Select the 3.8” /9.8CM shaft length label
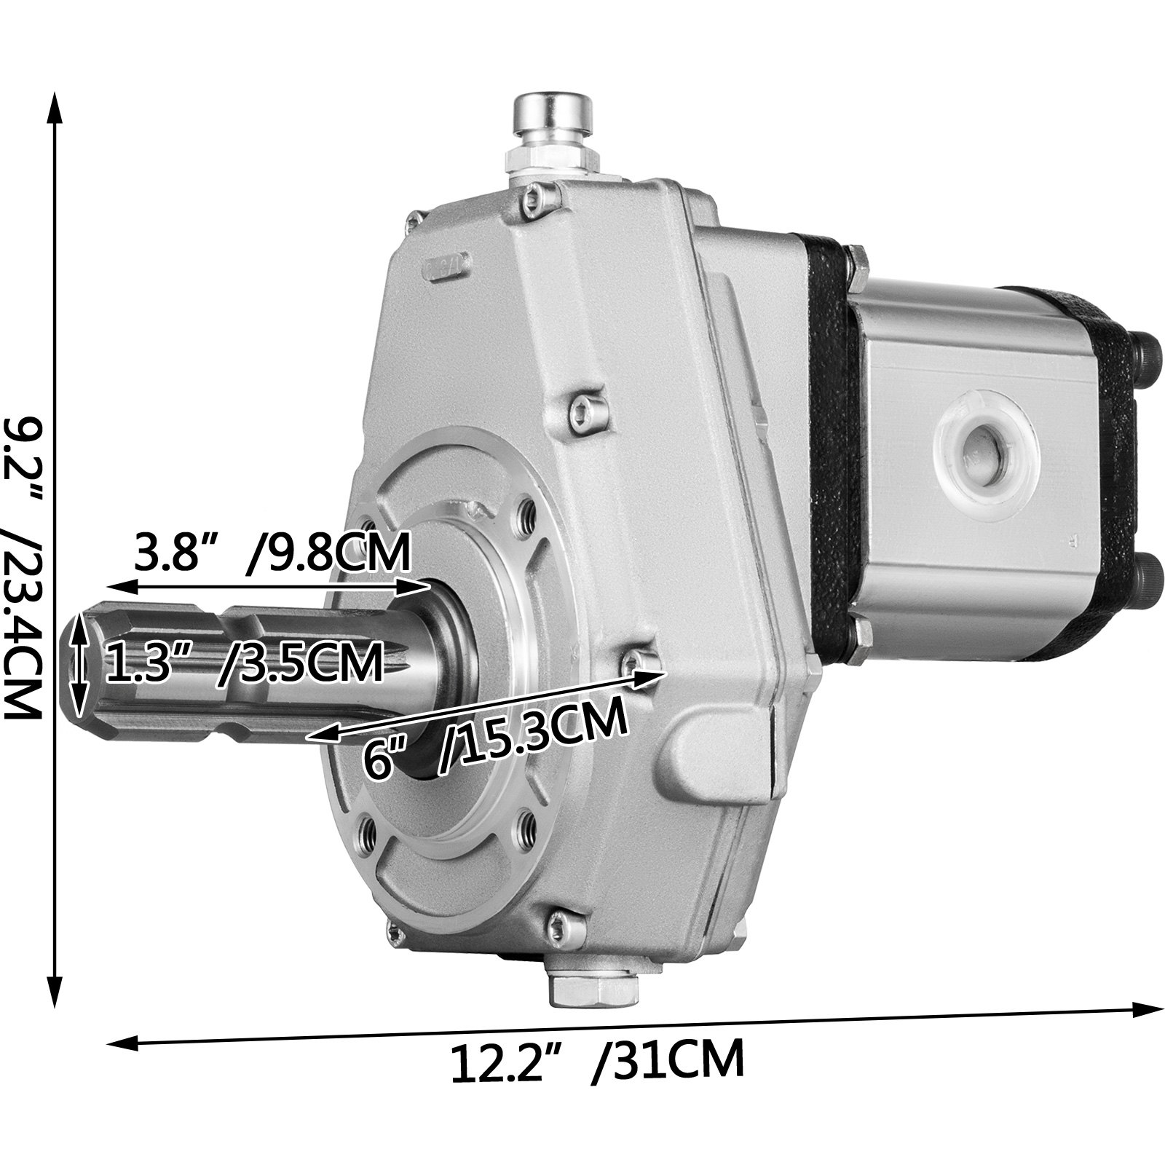tap(271, 553)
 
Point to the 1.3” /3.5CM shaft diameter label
tap(244, 661)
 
